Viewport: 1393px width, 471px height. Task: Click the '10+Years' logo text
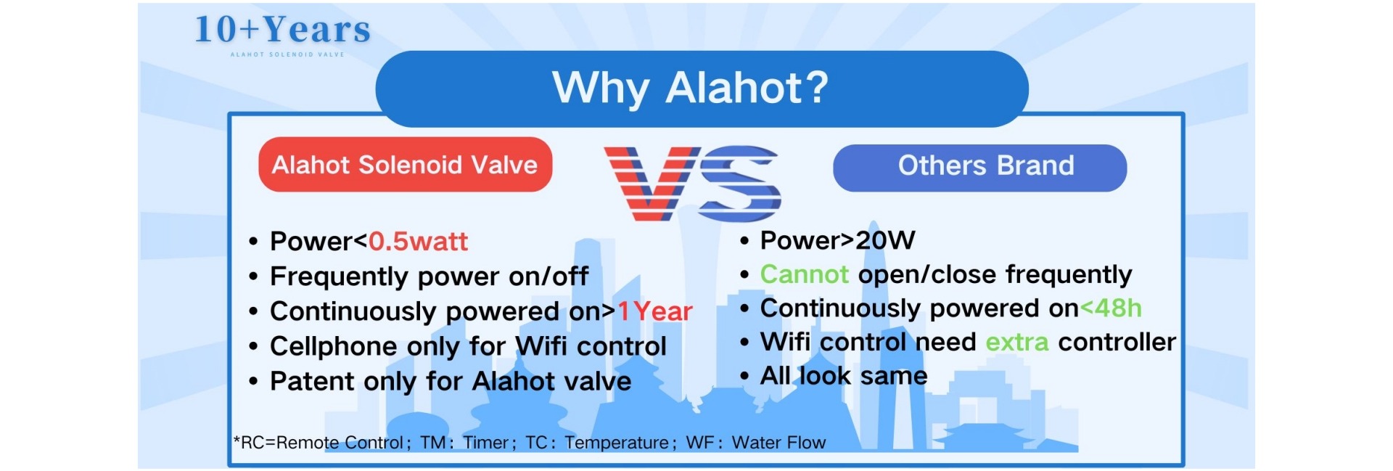click(283, 30)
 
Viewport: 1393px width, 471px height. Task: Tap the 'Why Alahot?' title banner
click(702, 89)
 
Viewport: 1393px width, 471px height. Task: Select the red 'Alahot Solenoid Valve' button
click(405, 165)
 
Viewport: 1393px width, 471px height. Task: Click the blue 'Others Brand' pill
click(979, 168)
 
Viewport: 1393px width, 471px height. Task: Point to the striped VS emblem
click(692, 183)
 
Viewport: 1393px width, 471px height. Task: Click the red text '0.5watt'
click(418, 241)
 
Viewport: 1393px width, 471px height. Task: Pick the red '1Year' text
click(654, 311)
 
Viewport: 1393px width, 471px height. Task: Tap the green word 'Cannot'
click(804, 274)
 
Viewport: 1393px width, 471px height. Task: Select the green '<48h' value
click(1111, 308)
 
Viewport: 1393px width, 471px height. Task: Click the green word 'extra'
click(1016, 342)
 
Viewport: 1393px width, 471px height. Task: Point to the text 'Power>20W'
click(837, 240)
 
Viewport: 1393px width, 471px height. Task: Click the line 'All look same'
click(844, 376)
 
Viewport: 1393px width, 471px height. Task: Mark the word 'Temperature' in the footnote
click(617, 443)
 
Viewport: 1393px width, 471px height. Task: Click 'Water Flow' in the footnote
click(778, 443)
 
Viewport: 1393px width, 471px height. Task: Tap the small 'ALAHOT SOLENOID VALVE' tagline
click(287, 54)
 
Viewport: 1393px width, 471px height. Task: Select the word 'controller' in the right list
click(1117, 342)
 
